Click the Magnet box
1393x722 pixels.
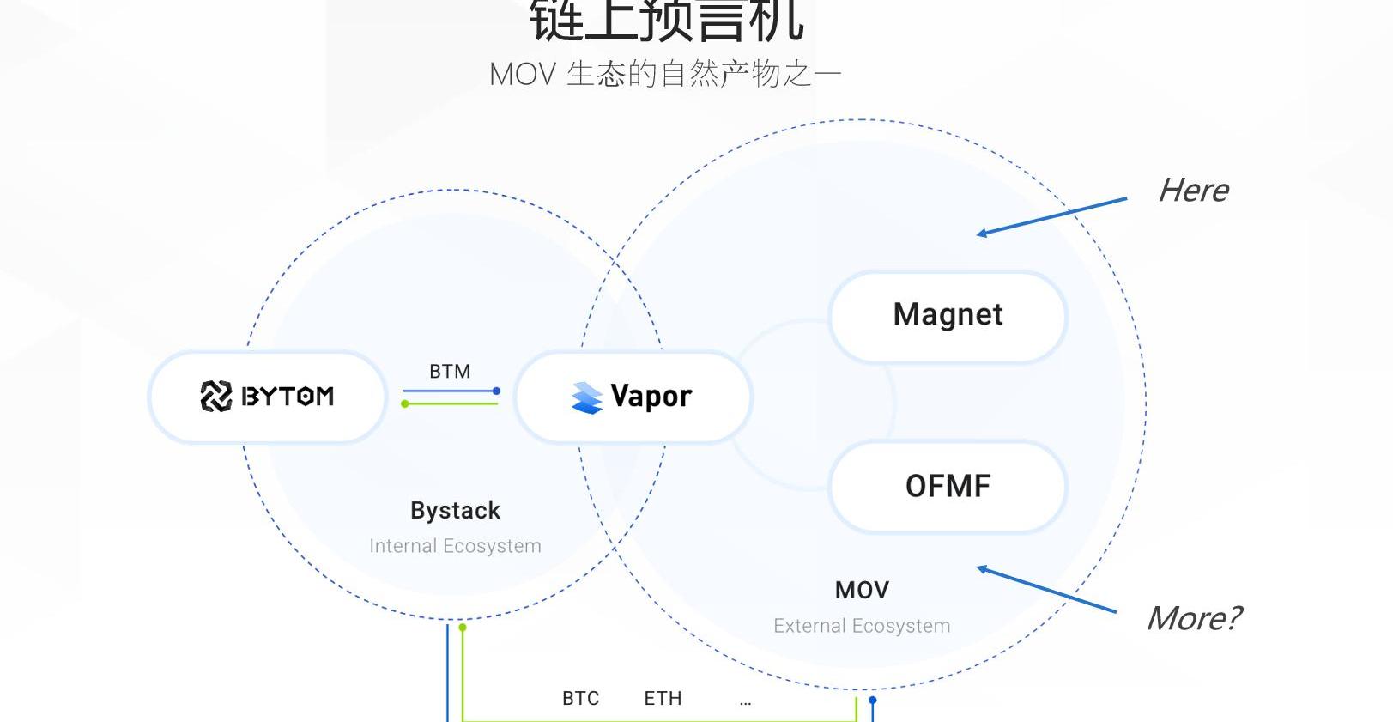(948, 316)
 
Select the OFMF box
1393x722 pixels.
(948, 487)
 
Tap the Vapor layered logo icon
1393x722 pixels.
(587, 397)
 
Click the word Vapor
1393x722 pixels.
(651, 397)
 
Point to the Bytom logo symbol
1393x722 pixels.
(215, 397)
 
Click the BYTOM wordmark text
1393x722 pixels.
(288, 397)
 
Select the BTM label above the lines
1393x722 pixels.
(450, 372)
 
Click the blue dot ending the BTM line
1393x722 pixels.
(496, 391)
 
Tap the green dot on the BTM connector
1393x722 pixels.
(405, 403)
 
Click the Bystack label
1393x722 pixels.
(455, 511)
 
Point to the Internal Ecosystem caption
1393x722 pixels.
(455, 546)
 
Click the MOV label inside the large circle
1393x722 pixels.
(862, 591)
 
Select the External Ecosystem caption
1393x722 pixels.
(862, 626)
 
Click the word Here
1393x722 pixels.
(1193, 191)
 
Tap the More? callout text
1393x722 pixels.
(1193, 618)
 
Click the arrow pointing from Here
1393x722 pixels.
(1051, 216)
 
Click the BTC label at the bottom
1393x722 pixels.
(581, 699)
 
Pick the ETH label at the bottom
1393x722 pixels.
(663, 699)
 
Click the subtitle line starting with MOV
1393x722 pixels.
(665, 75)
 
